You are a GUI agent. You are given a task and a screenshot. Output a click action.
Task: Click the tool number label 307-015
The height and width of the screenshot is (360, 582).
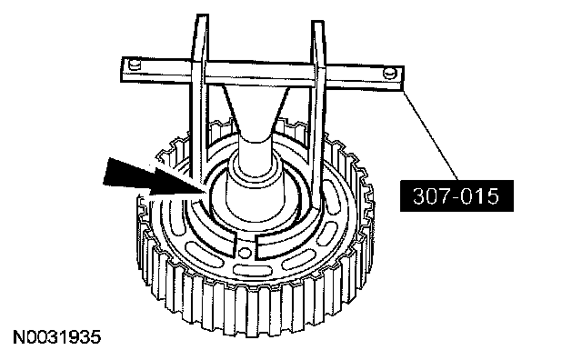pyautogui.click(x=457, y=196)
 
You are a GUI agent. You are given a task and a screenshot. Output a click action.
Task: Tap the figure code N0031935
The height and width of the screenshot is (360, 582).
pyautogui.click(x=56, y=337)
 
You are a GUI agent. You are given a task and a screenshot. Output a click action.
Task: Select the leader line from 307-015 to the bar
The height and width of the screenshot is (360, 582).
pyautogui.click(x=431, y=135)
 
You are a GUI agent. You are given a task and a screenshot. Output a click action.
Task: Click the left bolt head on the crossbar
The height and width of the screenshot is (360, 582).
pyautogui.click(x=135, y=65)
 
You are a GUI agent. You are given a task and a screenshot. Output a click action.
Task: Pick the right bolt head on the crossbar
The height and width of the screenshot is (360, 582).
pyautogui.click(x=389, y=73)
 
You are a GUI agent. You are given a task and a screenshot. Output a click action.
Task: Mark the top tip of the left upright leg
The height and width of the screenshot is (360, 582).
pyautogui.click(x=202, y=15)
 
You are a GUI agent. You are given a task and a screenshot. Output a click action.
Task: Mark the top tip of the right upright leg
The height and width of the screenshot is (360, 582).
pyautogui.click(x=318, y=22)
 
